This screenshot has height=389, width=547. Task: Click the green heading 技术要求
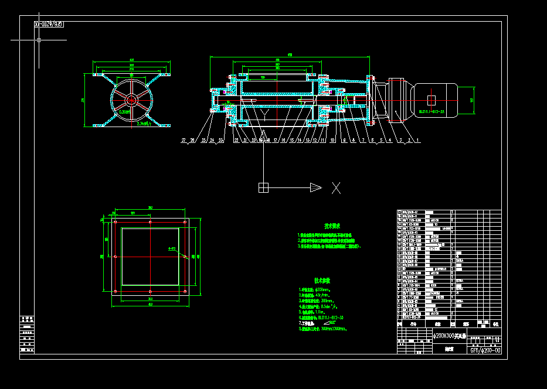[332, 226]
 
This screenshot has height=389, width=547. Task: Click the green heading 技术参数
[332, 281]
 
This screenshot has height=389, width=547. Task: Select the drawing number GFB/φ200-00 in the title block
[485, 350]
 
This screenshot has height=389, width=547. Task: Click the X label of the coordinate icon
[337, 187]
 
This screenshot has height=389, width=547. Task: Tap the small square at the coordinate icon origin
[263, 187]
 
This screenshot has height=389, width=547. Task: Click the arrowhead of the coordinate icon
[315, 187]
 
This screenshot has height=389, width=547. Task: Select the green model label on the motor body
[432, 110]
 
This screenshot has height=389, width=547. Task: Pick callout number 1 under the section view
[417, 141]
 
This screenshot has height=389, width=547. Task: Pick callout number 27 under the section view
[184, 141]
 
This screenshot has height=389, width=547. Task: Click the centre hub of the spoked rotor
[130, 100]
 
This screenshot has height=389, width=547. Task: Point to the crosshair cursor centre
[39, 40]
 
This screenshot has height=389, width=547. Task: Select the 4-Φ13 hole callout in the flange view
[172, 249]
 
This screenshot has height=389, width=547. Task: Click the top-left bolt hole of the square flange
[115, 223]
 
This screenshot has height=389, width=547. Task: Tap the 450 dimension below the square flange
[150, 305]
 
